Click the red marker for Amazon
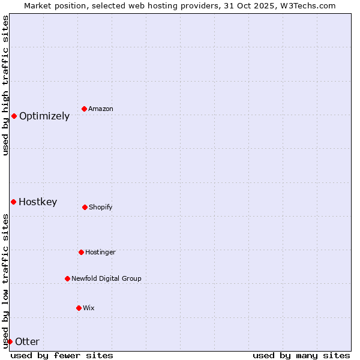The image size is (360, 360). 85,109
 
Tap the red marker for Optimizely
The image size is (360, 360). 14,116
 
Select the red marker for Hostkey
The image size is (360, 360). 13,202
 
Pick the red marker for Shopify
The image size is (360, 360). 85,207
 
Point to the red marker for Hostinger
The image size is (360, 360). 81,252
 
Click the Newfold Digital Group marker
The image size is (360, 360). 67,278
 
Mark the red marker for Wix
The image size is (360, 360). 79,308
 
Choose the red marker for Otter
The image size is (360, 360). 10,341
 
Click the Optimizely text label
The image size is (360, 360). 44,116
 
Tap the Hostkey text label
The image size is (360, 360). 38,202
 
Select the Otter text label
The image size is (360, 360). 27,342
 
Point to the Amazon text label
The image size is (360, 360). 101,109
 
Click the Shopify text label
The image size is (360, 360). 101,208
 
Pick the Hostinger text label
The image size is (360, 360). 100,253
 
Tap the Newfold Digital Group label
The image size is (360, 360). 106,279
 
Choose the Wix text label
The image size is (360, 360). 89,308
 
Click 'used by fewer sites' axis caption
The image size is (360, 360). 62,355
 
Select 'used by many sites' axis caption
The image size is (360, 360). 301,355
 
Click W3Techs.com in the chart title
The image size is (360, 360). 308,5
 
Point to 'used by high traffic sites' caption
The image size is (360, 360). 5,86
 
